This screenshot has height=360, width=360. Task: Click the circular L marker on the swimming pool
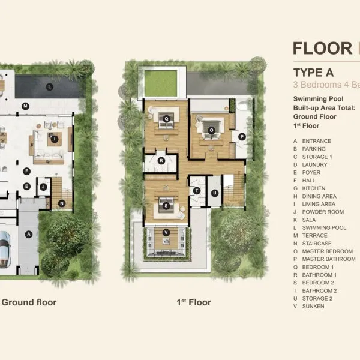point(50,87)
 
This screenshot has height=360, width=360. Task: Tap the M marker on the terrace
point(25,106)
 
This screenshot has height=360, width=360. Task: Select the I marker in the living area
point(55,139)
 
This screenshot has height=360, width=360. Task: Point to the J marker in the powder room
point(43,187)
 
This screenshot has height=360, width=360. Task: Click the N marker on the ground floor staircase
point(62,203)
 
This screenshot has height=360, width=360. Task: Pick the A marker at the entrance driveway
point(29,235)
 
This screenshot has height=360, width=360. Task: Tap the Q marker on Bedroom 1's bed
point(166,119)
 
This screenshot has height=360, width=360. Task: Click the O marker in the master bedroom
point(211,130)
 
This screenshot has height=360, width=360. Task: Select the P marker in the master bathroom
point(242,137)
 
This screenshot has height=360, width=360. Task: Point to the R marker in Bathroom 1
point(161,161)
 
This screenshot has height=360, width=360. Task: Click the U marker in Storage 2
point(215,193)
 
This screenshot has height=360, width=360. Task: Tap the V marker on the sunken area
point(166,233)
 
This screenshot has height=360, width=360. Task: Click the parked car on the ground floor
point(5,250)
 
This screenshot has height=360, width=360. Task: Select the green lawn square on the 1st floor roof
point(161,83)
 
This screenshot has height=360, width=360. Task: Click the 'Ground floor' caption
point(29,302)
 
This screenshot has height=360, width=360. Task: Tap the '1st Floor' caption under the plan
point(194,302)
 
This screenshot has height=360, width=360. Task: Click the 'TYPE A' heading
point(313,73)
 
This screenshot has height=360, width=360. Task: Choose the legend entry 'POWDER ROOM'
point(323,212)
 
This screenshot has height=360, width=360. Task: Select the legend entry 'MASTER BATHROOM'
point(329,259)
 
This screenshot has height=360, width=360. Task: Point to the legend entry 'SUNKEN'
point(313,306)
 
